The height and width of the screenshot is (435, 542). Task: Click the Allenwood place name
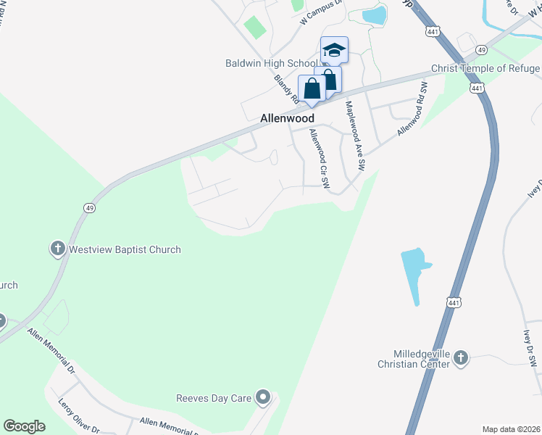click(288, 117)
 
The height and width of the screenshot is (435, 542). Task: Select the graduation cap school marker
click(334, 51)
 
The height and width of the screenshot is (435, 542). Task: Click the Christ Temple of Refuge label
click(486, 69)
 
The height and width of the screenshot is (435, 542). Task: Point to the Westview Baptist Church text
click(125, 249)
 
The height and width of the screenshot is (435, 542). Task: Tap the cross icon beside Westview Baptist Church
click(58, 249)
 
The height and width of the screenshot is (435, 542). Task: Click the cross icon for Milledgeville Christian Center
click(462, 357)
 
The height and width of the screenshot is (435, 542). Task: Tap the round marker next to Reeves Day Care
click(263, 397)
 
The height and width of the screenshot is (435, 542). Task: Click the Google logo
click(25, 426)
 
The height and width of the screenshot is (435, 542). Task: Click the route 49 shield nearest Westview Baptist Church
click(89, 207)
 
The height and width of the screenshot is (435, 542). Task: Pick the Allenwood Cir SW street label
click(320, 159)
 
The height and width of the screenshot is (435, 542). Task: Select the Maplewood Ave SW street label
click(355, 135)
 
